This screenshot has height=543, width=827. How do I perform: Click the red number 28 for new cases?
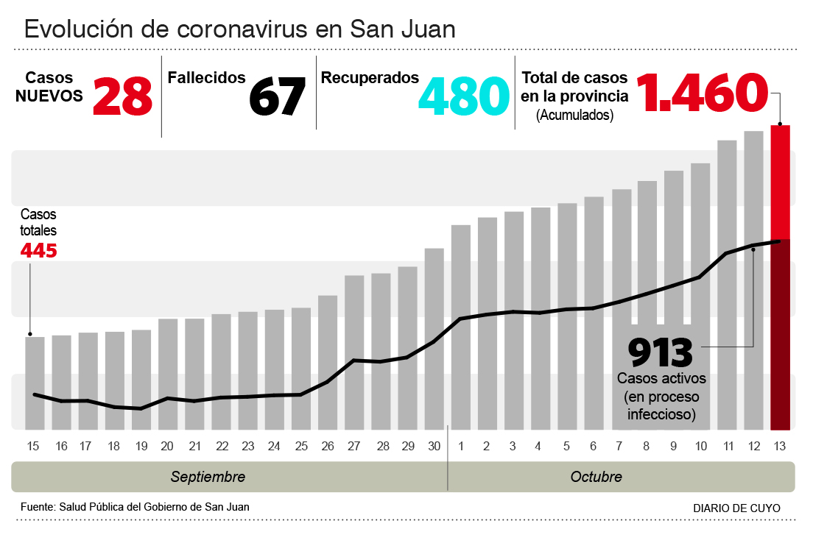122,96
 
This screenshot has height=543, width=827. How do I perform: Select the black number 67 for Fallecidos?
277,96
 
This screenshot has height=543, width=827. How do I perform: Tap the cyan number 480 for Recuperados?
464,96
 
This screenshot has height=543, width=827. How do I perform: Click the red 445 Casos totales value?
38,250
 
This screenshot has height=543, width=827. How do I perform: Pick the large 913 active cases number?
661,352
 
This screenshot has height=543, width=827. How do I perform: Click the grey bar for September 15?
35,383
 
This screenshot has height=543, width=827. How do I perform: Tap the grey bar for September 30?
434,338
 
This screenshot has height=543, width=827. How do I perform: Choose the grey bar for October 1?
461,327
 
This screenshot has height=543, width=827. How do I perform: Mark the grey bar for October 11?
727,284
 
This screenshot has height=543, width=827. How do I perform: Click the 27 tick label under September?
354,446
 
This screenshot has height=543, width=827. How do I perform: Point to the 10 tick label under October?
700,446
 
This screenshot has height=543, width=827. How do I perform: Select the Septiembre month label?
208,477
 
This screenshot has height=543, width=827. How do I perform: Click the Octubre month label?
596,477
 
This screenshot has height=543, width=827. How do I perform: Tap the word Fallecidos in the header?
206,77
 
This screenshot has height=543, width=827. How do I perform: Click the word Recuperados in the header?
370,77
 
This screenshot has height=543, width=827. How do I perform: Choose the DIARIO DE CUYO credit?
736,508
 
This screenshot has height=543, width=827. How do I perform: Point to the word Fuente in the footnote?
37,506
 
